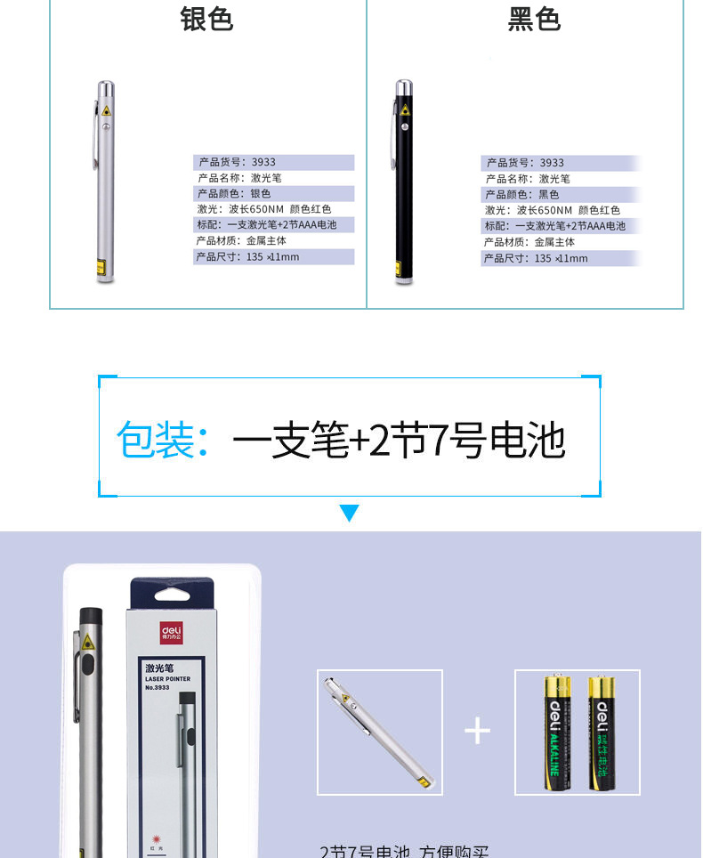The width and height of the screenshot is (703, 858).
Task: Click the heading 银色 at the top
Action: pyautogui.click(x=206, y=19)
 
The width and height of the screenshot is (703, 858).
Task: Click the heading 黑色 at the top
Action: pyautogui.click(x=534, y=19)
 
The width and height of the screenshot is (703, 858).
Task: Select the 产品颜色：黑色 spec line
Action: pyautogui.click(x=522, y=195)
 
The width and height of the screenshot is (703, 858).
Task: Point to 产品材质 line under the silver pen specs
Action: pyautogui.click(x=241, y=241)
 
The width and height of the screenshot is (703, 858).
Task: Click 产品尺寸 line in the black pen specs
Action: pyautogui.click(x=536, y=258)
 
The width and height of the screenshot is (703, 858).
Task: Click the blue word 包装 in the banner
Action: pyautogui.click(x=156, y=441)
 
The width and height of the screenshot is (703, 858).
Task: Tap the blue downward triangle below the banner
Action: pyautogui.click(x=350, y=514)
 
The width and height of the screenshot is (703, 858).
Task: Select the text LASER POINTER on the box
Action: pyautogui.click(x=167, y=679)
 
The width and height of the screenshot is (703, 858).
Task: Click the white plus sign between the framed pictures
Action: pyautogui.click(x=478, y=731)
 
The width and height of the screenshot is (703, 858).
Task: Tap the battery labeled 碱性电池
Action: pyautogui.click(x=601, y=732)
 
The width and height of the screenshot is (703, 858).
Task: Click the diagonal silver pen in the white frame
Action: pyautogui.click(x=379, y=733)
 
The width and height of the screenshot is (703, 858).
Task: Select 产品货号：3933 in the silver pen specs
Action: pyautogui.click(x=237, y=163)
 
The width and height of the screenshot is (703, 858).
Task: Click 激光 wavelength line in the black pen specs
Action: pyautogui.click(x=553, y=210)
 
